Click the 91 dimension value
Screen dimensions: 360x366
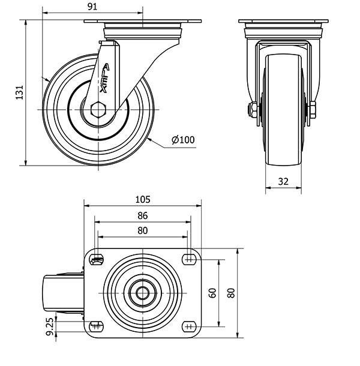[x=92, y=7]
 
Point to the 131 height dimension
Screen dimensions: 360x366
[x=20, y=92]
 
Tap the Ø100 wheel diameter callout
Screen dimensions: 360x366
[x=183, y=140]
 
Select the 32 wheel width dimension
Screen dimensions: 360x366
[x=283, y=181]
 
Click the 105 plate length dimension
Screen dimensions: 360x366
[x=143, y=200]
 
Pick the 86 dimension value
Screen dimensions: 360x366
[x=143, y=215]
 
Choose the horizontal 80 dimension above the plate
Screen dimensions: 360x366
[x=143, y=230]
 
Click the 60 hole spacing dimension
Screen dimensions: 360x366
[x=212, y=293]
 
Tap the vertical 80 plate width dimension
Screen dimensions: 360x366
[x=232, y=293]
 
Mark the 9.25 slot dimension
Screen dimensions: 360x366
[x=50, y=327]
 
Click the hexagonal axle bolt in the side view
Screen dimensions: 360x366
[x=98, y=109]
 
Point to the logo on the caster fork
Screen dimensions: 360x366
[x=104, y=78]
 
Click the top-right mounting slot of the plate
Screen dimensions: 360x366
[x=189, y=259]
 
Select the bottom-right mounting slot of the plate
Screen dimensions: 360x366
[x=189, y=326]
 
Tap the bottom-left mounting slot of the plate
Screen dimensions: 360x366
[x=97, y=326]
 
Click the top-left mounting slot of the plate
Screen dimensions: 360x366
[x=97, y=259]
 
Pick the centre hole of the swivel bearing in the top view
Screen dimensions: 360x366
[x=143, y=293]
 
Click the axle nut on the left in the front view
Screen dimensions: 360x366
[x=253, y=110]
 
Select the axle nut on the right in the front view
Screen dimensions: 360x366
[x=313, y=110]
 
